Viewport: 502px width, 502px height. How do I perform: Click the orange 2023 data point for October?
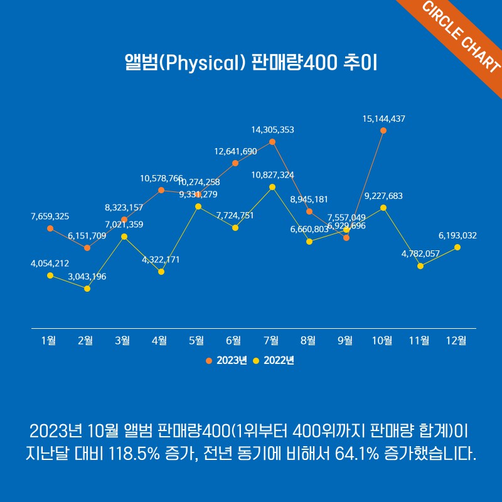click(383, 131)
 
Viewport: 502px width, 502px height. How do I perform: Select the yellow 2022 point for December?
click(457, 247)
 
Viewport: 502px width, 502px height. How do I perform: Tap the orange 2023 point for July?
click(272, 142)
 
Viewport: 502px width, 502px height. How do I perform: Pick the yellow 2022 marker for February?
click(87, 289)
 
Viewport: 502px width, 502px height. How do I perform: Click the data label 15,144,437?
click(383, 118)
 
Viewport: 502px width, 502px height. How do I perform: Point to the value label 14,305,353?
click(272, 130)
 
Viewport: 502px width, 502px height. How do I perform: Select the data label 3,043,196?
click(87, 276)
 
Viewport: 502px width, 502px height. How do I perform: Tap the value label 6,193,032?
click(457, 236)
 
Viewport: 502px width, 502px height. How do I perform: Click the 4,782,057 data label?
click(420, 255)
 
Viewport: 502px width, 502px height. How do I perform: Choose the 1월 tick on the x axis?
click(48, 341)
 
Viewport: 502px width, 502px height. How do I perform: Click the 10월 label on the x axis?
click(382, 341)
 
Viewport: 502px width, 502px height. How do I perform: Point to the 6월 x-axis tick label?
click(233, 341)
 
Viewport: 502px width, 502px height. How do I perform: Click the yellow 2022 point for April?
click(161, 272)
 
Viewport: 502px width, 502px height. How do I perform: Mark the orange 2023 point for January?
click(50, 228)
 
